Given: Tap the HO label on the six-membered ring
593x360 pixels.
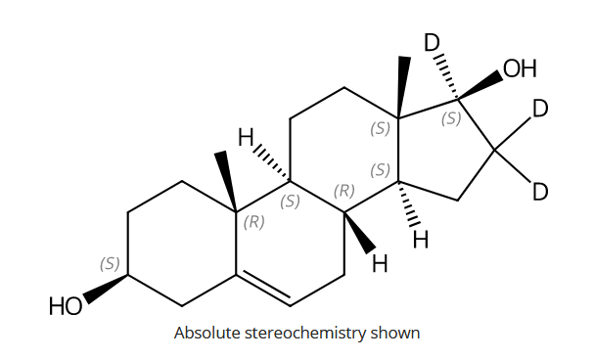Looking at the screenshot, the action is point(67,307).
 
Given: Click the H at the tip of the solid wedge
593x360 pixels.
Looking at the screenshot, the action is point(380,262).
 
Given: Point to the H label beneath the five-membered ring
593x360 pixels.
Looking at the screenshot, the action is point(421,238).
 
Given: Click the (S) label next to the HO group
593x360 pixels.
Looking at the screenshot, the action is point(110,263).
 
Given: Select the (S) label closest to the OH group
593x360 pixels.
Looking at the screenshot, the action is point(451,118).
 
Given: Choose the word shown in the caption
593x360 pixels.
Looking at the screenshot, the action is point(398,333).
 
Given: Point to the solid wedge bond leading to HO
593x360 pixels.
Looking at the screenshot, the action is point(106,289).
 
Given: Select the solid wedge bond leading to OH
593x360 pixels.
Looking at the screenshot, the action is point(480,85).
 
